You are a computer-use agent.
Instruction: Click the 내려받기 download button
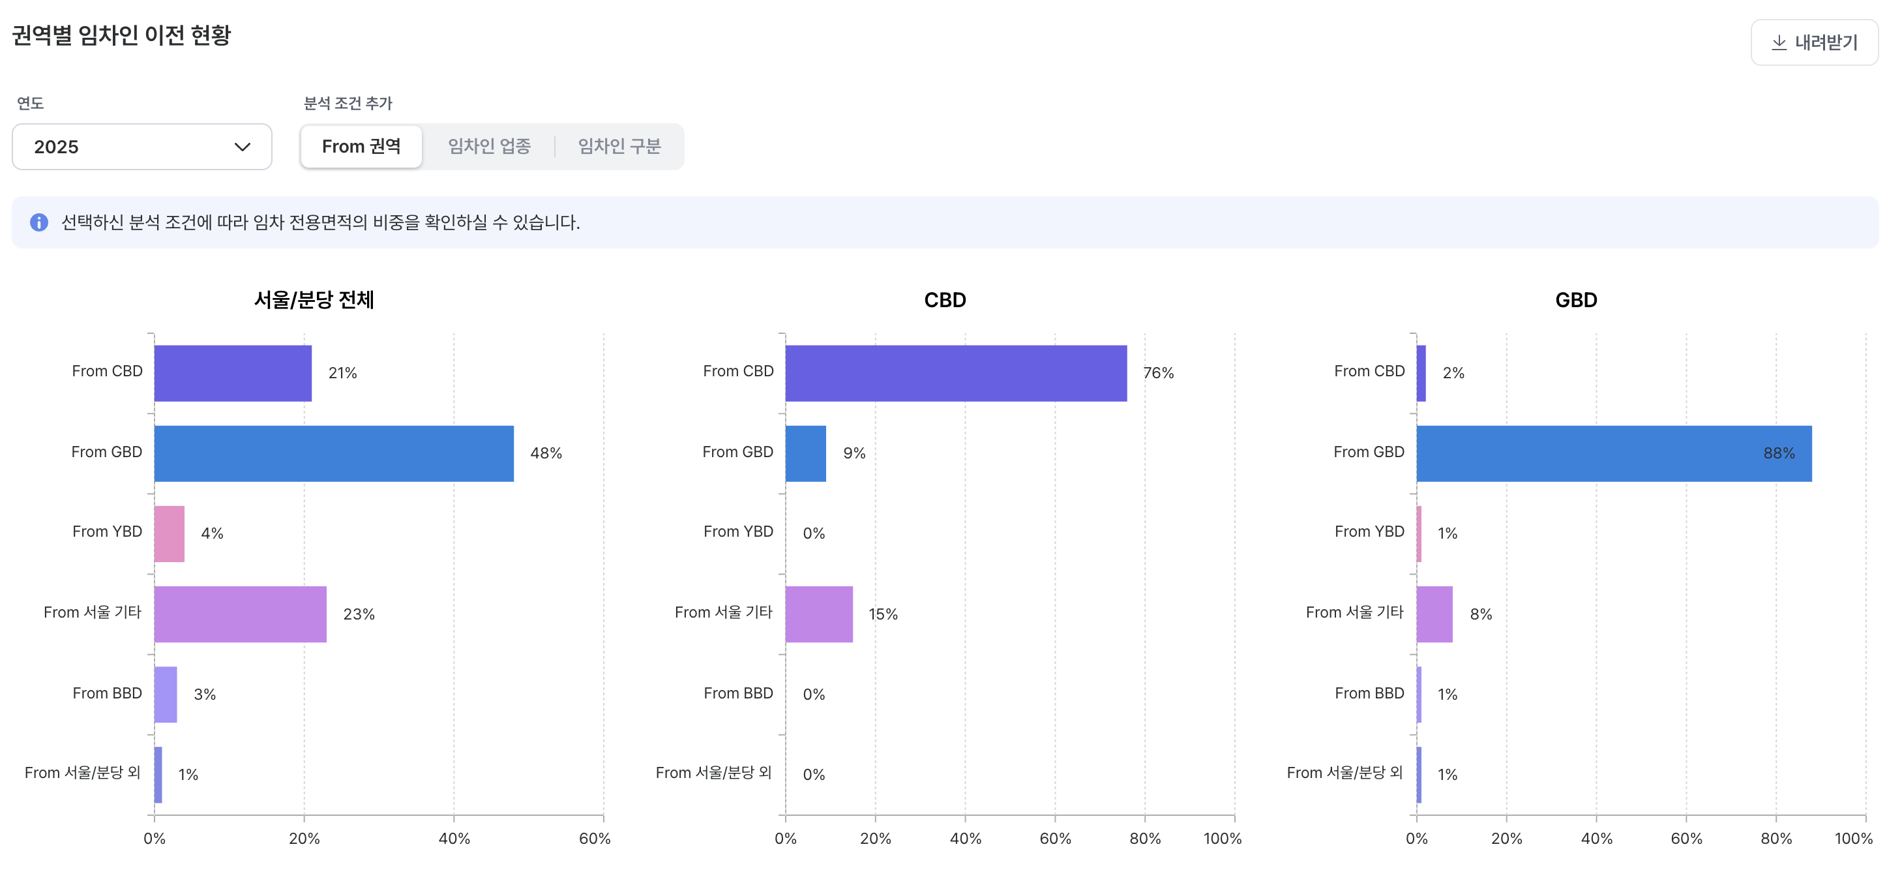pos(1814,42)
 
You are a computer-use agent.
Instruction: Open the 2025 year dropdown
pos(141,147)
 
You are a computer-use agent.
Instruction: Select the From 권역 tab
pos(361,147)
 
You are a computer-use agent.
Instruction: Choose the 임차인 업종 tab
pos(489,147)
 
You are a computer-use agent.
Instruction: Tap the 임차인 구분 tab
pos(619,147)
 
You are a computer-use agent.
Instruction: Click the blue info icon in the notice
pos(39,222)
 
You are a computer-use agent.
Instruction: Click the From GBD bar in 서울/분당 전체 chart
pos(333,454)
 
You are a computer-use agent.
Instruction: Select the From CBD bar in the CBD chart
pos(955,373)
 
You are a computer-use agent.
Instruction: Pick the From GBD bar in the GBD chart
pos(1613,454)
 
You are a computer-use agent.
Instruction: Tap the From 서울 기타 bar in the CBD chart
pos(818,614)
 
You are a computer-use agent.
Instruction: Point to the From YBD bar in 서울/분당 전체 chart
pos(170,533)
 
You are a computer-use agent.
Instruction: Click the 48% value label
pos(546,454)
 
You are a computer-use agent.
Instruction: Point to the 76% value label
pos(1158,373)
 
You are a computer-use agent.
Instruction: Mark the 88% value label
pos(1778,454)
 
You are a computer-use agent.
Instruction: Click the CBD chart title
pos(944,300)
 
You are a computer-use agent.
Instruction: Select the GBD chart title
pos(1576,300)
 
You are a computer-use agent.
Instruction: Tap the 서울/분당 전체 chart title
pos(314,300)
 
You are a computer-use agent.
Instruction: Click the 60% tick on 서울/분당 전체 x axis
pos(594,838)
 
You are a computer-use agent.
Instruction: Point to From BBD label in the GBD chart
pos(1369,693)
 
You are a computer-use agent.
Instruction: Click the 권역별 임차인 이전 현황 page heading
pos(121,35)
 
